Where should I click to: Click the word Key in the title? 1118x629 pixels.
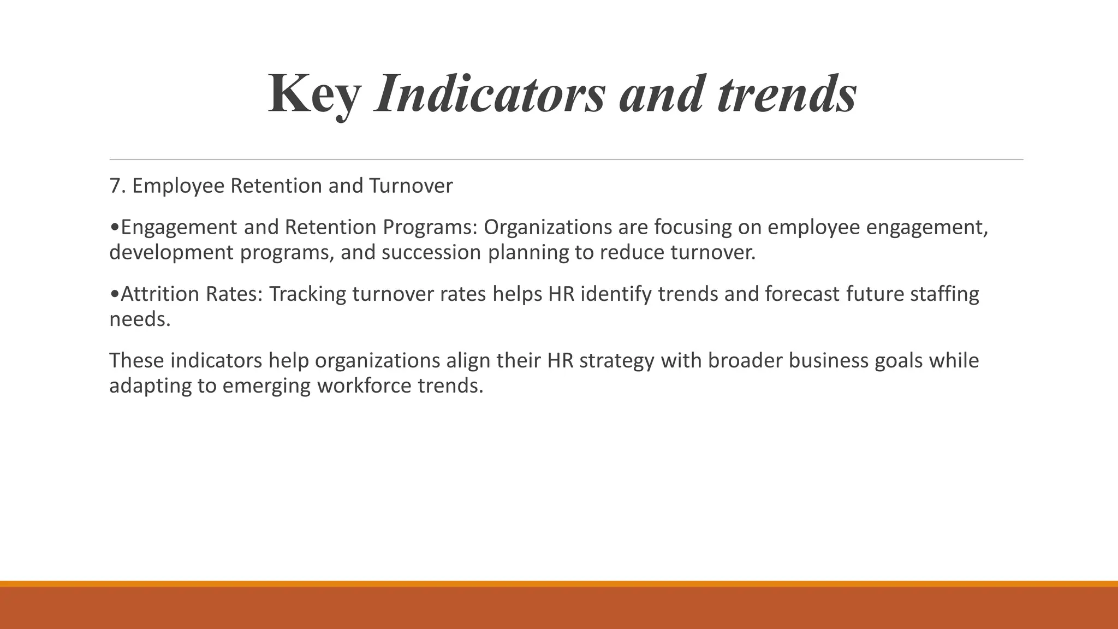point(314,94)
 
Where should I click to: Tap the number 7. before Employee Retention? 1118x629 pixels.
point(118,186)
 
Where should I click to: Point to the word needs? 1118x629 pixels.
point(140,319)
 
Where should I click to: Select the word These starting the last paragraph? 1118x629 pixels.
point(136,361)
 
